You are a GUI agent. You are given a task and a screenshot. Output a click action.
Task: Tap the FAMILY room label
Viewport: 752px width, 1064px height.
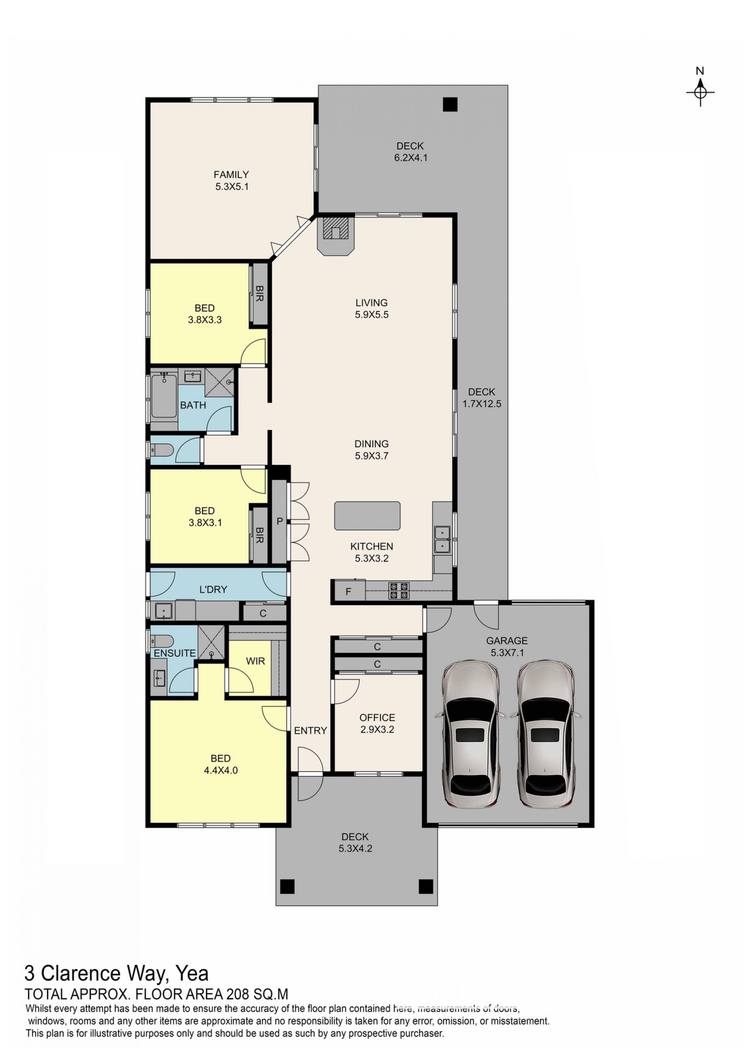pos(231,175)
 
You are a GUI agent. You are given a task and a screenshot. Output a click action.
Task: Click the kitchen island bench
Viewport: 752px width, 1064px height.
pos(367,515)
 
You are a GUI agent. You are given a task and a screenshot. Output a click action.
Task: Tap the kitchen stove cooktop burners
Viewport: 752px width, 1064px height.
pos(399,590)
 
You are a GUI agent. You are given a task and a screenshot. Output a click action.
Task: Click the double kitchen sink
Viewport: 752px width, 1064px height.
pos(443,539)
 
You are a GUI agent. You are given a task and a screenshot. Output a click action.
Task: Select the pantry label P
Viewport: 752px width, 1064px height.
pos(279,521)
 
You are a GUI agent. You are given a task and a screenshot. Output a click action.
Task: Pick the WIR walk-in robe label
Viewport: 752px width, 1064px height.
pos(255,661)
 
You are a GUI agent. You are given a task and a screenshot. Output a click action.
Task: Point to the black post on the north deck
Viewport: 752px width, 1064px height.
pos(450,104)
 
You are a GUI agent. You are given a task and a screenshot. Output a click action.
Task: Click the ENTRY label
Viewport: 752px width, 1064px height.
pos(310,731)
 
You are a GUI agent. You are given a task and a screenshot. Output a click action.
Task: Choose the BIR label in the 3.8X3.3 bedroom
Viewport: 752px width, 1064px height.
pos(259,294)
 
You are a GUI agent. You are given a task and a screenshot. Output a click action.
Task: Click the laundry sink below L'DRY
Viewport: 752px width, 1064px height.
pos(163,611)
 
